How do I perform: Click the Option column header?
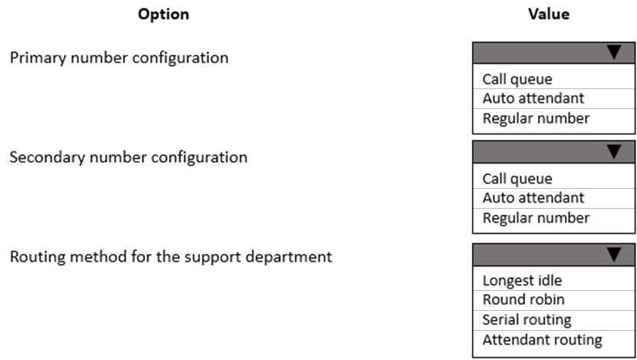(x=163, y=14)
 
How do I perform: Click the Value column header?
(x=549, y=14)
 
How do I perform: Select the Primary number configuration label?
(x=119, y=58)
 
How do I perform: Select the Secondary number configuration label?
(x=128, y=157)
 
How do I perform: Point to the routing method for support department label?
(x=170, y=256)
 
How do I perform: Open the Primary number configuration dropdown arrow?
(x=613, y=52)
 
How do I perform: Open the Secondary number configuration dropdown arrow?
(x=613, y=152)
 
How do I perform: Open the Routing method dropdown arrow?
(x=613, y=254)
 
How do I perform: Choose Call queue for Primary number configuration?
(x=517, y=79)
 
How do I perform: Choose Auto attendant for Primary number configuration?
(x=533, y=98)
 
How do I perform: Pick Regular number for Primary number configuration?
(x=536, y=118)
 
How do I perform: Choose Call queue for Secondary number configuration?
(x=517, y=179)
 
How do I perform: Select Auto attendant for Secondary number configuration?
(x=533, y=198)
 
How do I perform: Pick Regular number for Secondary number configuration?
(x=536, y=218)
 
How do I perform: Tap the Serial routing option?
(x=526, y=319)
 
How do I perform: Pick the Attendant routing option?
(x=542, y=339)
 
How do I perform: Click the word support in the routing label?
(x=206, y=257)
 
